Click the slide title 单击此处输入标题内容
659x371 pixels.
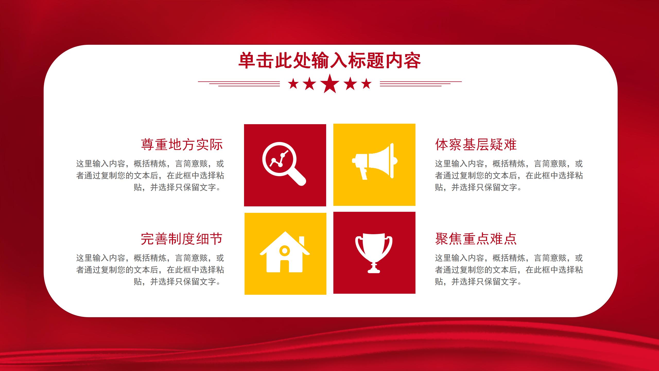click(329, 61)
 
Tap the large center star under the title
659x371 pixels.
click(330, 83)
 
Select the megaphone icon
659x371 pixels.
click(375, 161)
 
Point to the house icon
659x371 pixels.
click(285, 252)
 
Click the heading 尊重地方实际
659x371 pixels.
click(182, 145)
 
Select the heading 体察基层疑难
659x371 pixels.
click(476, 145)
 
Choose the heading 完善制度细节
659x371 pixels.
click(182, 239)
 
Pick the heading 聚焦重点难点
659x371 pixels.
click(476, 239)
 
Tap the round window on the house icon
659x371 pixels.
click(284, 250)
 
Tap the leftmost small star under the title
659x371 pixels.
click(293, 84)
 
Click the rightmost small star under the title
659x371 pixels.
click(366, 84)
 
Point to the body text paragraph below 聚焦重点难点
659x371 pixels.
click(509, 270)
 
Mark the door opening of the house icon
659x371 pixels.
click(284, 266)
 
